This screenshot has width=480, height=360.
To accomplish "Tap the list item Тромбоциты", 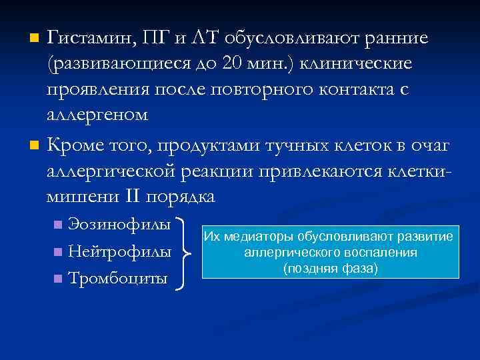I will pos(118,277).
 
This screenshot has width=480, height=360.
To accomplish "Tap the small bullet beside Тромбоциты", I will pos(59,278).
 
